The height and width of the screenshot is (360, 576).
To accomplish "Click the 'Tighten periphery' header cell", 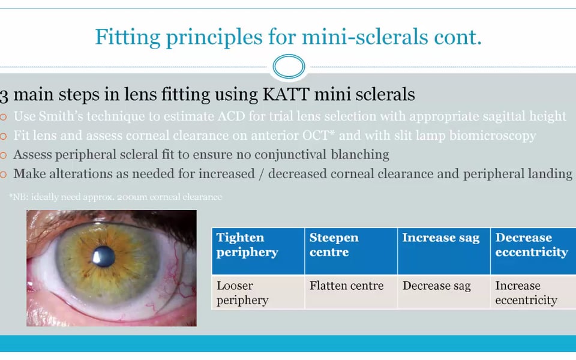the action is coord(258,251).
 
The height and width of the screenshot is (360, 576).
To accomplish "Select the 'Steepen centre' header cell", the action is coord(351,251).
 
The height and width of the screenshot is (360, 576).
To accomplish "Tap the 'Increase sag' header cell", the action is coord(444,251).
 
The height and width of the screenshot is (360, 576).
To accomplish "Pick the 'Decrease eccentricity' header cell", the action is coord(533,251).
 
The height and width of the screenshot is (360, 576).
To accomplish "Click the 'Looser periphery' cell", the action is coord(258,292).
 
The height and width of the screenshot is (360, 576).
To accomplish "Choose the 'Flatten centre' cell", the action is coord(351,292).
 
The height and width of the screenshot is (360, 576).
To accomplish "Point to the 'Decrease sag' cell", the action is coord(444,292).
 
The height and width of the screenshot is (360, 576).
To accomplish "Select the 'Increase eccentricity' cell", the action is coord(533,292).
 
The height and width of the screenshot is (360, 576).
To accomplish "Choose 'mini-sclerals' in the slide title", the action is coord(365,37).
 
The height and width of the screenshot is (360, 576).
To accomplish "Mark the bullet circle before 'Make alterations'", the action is coord(4,175).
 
